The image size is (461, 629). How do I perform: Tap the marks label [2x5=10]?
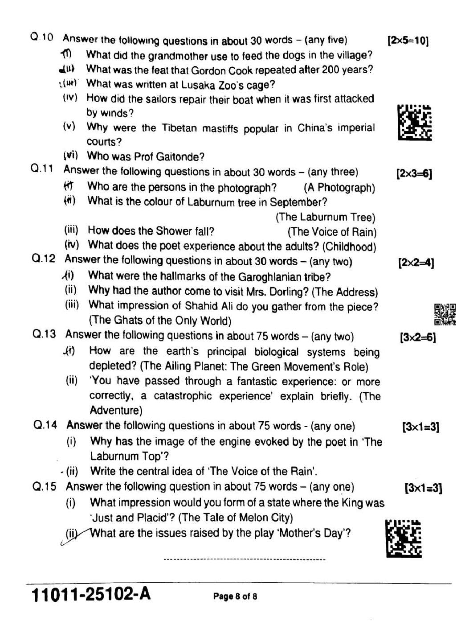pos(408,41)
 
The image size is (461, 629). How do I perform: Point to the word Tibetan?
pos(178,128)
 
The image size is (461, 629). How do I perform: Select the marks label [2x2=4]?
pos(416,262)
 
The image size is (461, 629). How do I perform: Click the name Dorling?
pos(287,292)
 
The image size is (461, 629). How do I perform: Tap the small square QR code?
pos(445,314)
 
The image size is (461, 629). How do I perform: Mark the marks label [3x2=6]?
pos(418,337)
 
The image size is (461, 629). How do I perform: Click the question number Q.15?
pos(45,486)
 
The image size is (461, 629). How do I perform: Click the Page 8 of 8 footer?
pos(235,596)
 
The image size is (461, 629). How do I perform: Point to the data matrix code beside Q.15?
pos(404,539)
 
